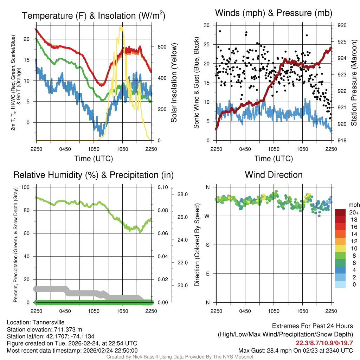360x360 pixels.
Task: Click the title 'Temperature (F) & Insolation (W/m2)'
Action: click(94, 16)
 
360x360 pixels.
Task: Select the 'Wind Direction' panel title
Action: click(274, 175)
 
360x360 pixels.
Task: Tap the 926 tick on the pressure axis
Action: click(342, 25)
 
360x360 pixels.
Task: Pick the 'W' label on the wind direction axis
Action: click(208, 216)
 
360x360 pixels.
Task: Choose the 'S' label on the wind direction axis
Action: click(208, 245)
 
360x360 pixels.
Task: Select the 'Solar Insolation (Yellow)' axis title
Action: click(174, 83)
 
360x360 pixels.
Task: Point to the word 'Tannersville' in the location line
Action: click(48, 322)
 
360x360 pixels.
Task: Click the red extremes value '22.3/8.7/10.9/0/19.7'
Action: click(324, 343)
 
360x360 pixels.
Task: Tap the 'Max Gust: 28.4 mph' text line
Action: click(296, 350)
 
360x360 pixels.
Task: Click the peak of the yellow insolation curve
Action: click(121, 27)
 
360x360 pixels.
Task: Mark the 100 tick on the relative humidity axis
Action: click(30, 187)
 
